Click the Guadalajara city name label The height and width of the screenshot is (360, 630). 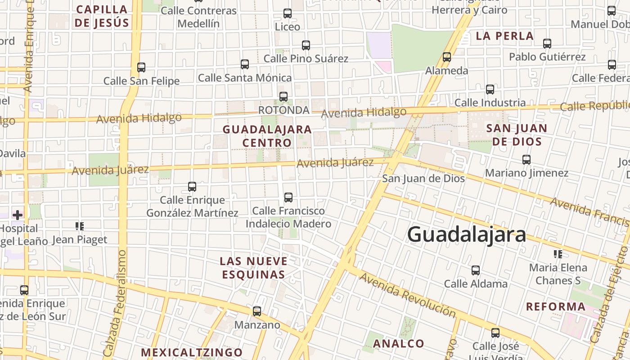466,235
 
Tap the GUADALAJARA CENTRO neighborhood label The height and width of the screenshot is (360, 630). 267,136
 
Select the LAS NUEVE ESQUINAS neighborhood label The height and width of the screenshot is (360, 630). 253,268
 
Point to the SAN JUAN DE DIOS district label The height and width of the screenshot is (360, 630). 517,135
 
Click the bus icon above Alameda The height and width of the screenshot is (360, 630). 447,57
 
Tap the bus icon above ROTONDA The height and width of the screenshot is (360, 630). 283,97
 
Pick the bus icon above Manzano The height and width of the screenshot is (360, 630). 257,311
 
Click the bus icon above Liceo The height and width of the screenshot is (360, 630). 288,13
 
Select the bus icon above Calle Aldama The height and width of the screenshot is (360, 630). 476,270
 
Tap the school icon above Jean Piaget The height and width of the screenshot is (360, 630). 80,226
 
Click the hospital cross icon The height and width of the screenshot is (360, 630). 18,215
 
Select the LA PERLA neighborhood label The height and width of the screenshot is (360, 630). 505,36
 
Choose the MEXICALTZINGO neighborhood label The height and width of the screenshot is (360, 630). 192,352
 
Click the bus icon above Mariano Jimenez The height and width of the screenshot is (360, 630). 526,160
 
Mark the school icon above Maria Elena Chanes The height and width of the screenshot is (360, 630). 558,254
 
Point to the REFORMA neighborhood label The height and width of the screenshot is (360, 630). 556,307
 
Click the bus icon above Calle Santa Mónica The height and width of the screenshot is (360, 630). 245,64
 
